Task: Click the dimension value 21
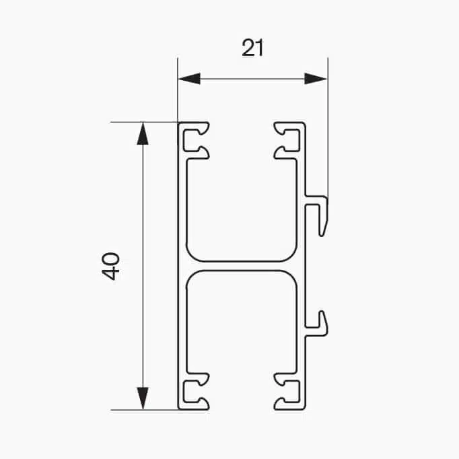pos(252,48)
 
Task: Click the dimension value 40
pos(112,266)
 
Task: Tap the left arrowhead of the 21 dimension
pos(188,79)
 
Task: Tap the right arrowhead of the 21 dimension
pos(316,79)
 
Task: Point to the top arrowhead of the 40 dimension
pos(142,133)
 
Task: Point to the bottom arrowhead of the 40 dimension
pos(142,398)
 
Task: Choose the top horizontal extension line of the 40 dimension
pos(145,122)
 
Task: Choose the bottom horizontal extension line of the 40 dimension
pos(145,409)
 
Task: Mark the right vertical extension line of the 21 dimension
pos(328,128)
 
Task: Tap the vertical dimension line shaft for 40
pos(142,202)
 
